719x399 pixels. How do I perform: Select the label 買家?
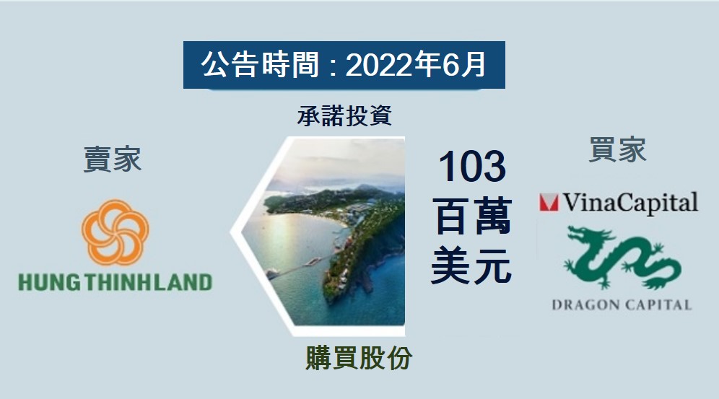point(617,149)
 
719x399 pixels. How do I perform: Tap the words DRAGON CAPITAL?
point(621,304)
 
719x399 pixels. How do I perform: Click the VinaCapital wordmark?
point(630,203)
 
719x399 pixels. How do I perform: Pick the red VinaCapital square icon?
point(549,203)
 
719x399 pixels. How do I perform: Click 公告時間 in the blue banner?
point(260,66)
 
